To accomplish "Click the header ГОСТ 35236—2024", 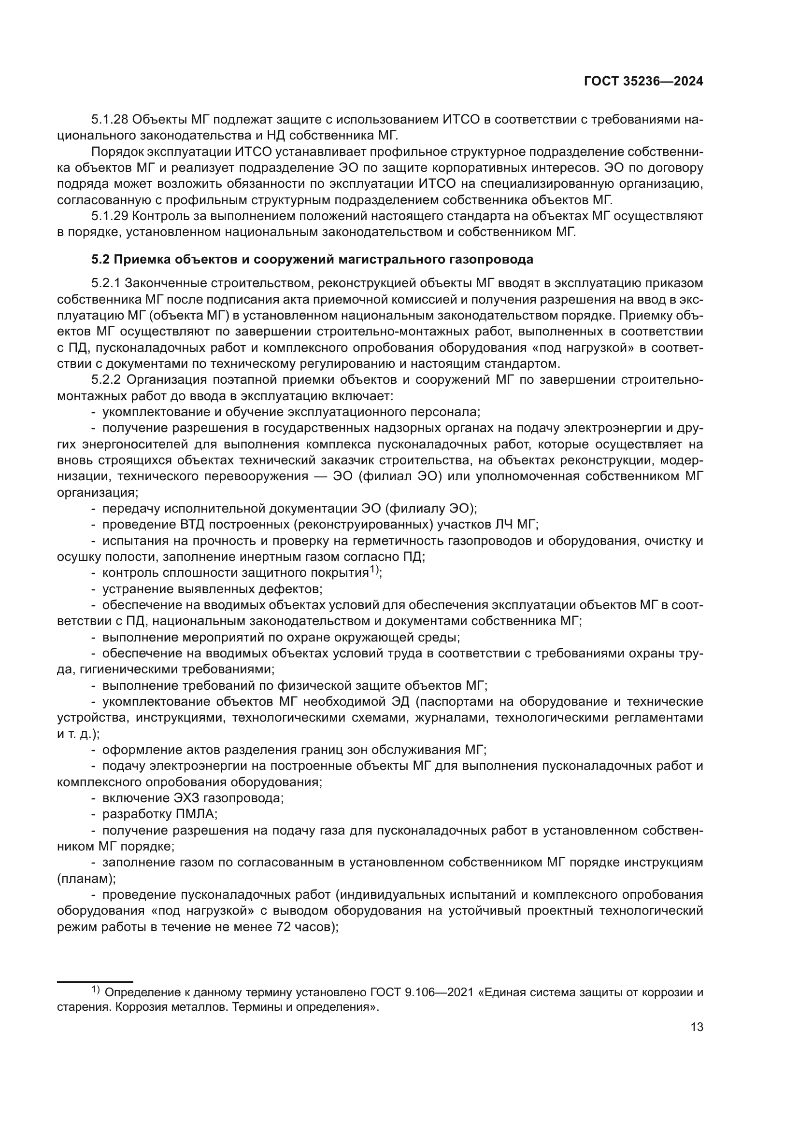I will coord(643,82).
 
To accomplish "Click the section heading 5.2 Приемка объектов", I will coord(312,259).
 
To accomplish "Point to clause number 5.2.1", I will coord(106,283).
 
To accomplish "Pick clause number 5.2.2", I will coord(106,379).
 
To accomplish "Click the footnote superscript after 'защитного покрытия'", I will coord(373,570).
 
